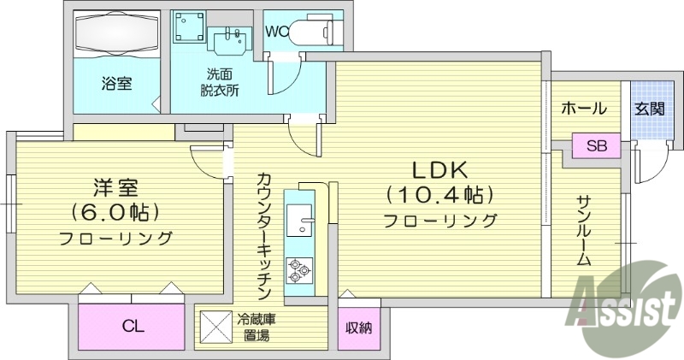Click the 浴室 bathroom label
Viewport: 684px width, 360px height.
click(x=117, y=85)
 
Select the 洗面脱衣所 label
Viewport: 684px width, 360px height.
click(x=219, y=82)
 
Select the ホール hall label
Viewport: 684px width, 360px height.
click(x=584, y=109)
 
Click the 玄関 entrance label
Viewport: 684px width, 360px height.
click(x=649, y=109)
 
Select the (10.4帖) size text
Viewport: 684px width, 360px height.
click(x=440, y=194)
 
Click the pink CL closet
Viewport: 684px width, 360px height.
click(x=132, y=325)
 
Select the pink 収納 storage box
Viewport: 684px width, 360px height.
click(x=358, y=328)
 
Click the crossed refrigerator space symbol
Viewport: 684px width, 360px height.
click(x=214, y=326)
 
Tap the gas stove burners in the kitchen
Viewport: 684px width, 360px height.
click(x=300, y=269)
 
